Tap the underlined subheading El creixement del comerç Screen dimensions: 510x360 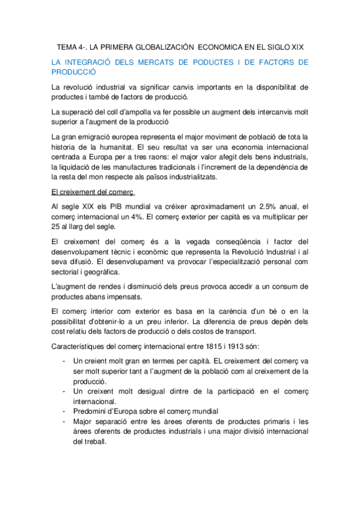tap(93, 192)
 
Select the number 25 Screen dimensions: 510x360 tap(58, 227)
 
